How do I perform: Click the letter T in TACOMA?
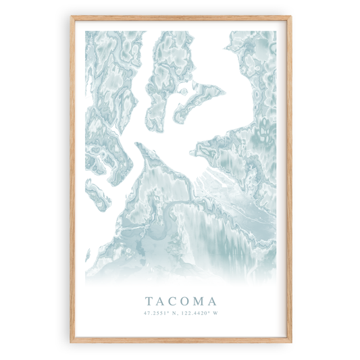(148, 300)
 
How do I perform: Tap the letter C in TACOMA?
(172, 300)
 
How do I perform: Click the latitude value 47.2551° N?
(160, 313)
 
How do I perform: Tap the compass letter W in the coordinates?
(216, 313)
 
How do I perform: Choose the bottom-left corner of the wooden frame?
(72, 341)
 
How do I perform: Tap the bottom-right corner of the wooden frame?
(292, 341)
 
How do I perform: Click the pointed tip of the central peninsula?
(136, 143)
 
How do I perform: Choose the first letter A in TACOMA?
(159, 300)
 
